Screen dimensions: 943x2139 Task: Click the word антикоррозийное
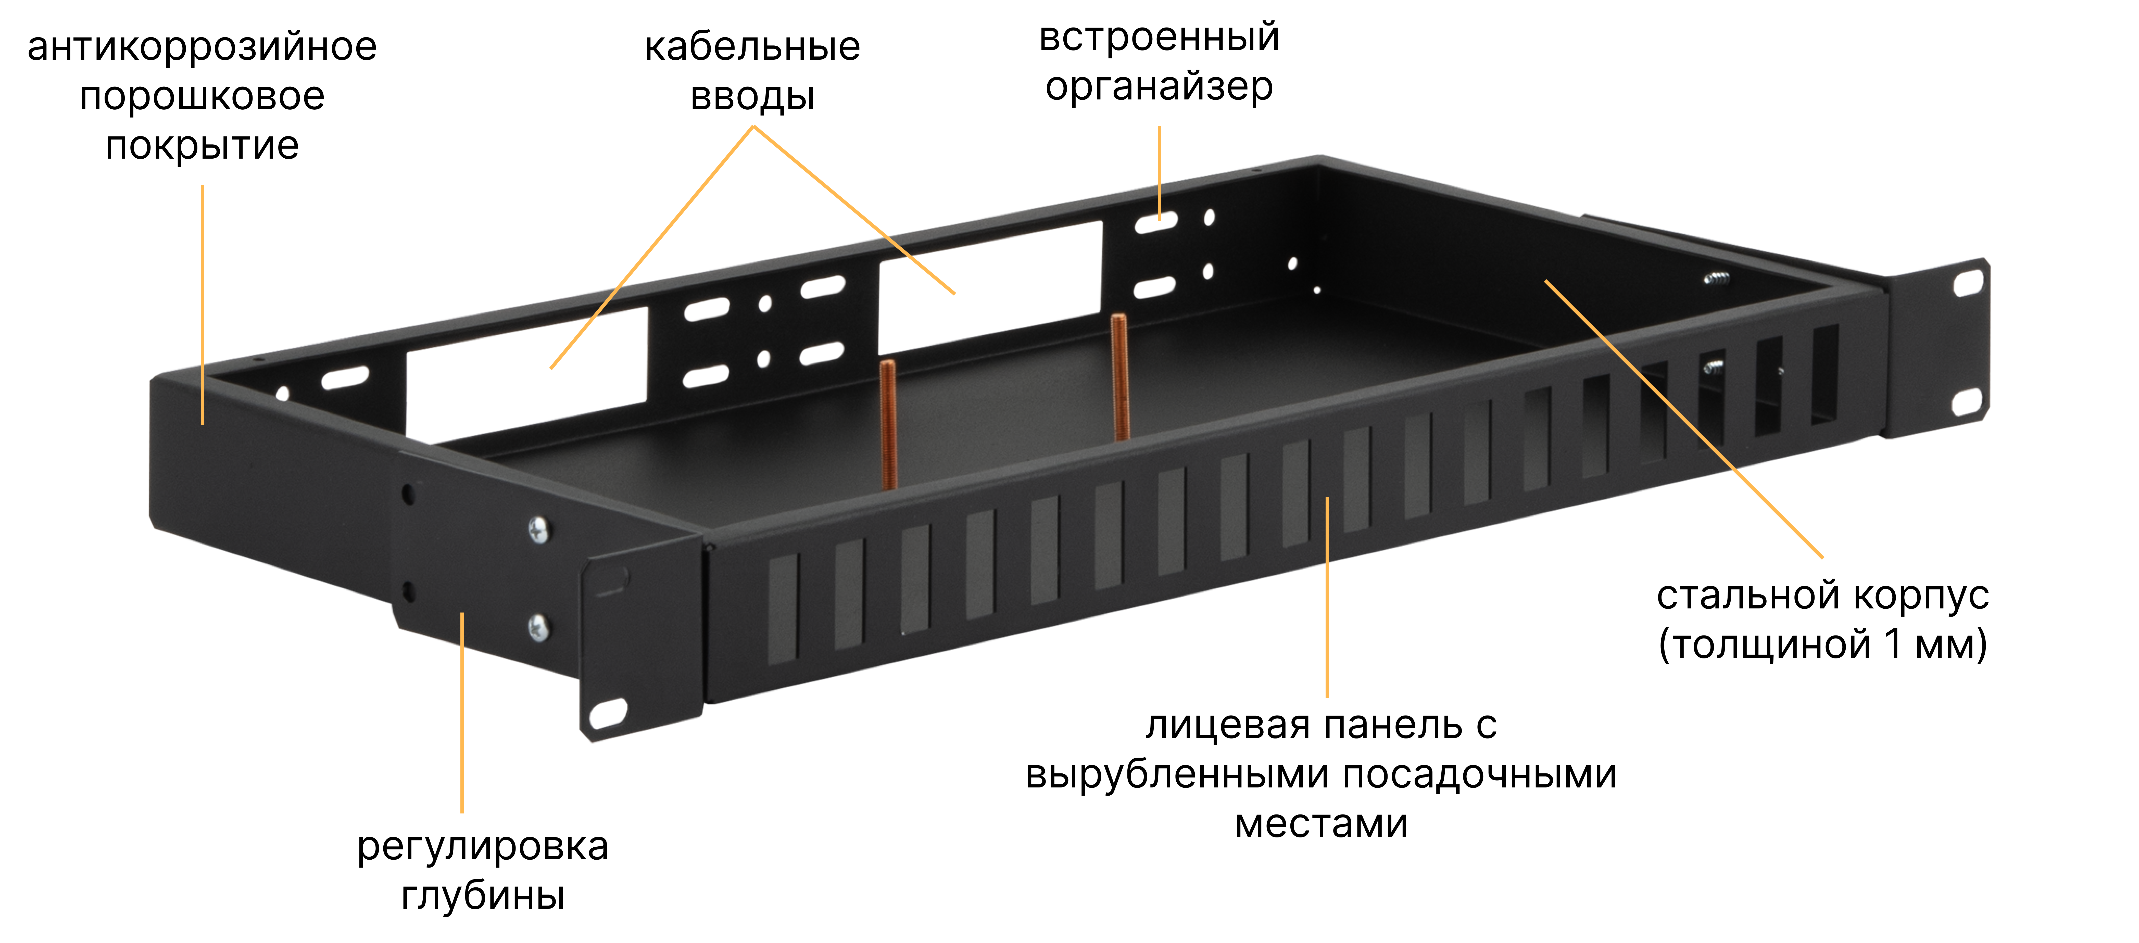202,47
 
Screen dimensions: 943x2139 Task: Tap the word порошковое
202,97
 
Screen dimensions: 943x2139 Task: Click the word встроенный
1159,37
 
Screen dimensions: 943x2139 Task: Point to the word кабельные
752,47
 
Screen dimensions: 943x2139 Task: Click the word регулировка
482,848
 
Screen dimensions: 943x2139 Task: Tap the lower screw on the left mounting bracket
538,628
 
